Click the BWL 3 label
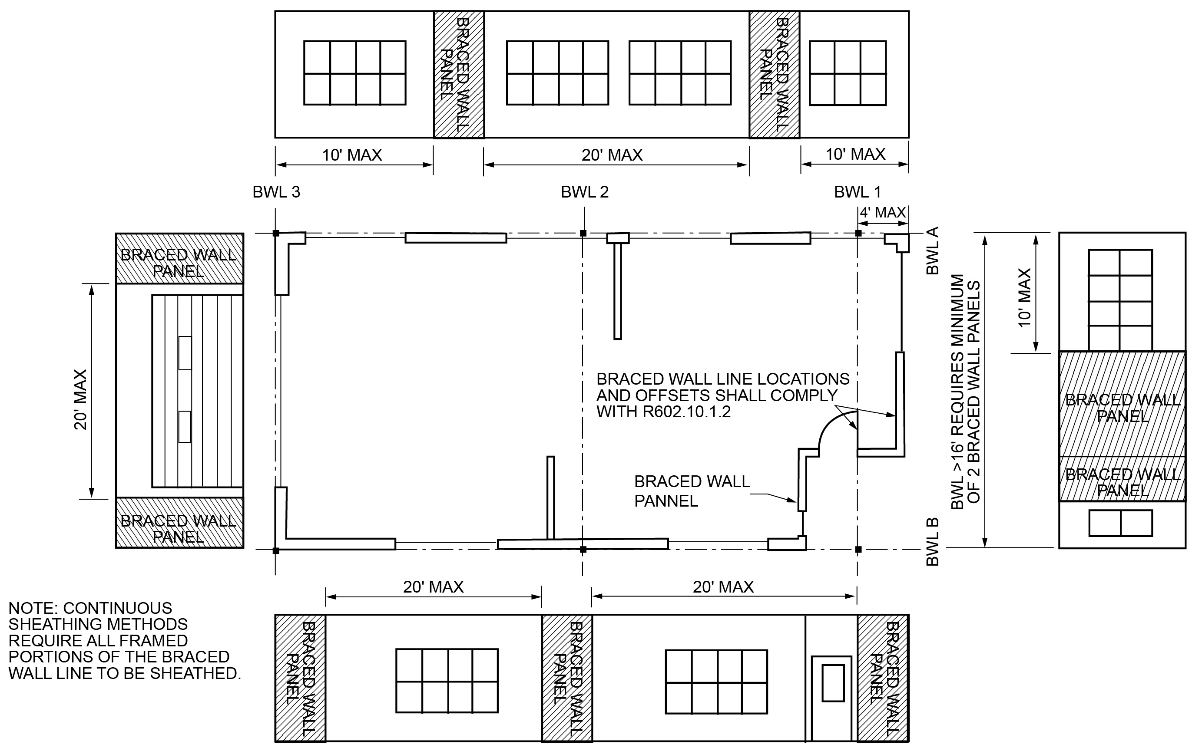pyautogui.click(x=276, y=192)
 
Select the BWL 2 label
pyautogui.click(x=584, y=192)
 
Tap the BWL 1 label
pyautogui.click(x=857, y=192)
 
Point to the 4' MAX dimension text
pyautogui.click(x=883, y=213)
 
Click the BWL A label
pyautogui.click(x=933, y=250)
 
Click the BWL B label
pyautogui.click(x=933, y=542)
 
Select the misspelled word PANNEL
pyautogui.click(x=666, y=501)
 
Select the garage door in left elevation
pyautogui.click(x=197, y=391)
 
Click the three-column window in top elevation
pyautogui.click(x=847, y=73)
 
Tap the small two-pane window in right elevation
pyautogui.click(x=1120, y=523)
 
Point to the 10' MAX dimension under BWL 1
pyautogui.click(x=855, y=155)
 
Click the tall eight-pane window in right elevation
pyautogui.click(x=1119, y=300)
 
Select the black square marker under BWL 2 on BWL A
pyautogui.click(x=583, y=233)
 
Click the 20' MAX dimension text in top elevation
pyautogui.click(x=612, y=155)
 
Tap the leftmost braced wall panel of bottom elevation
pyautogui.click(x=300, y=678)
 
